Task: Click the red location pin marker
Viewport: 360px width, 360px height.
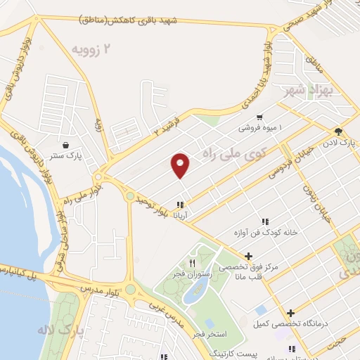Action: tap(181, 165)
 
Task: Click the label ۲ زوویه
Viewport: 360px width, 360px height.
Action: tap(92, 49)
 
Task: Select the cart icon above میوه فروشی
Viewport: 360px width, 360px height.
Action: tap(260, 117)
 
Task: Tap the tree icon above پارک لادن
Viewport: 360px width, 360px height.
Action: tap(339, 131)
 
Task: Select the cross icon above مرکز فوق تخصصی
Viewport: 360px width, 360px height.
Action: tap(248, 255)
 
